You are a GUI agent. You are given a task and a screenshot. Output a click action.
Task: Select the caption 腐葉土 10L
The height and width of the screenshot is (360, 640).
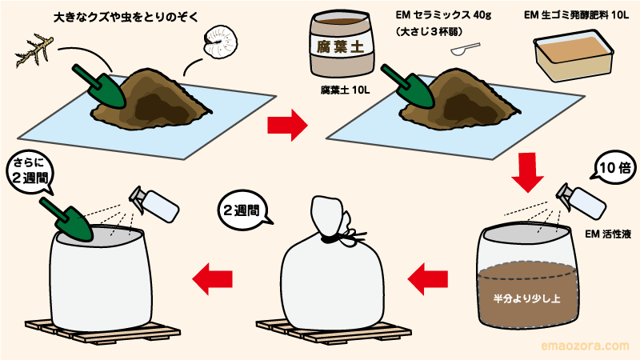pyautogui.click(x=345, y=91)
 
